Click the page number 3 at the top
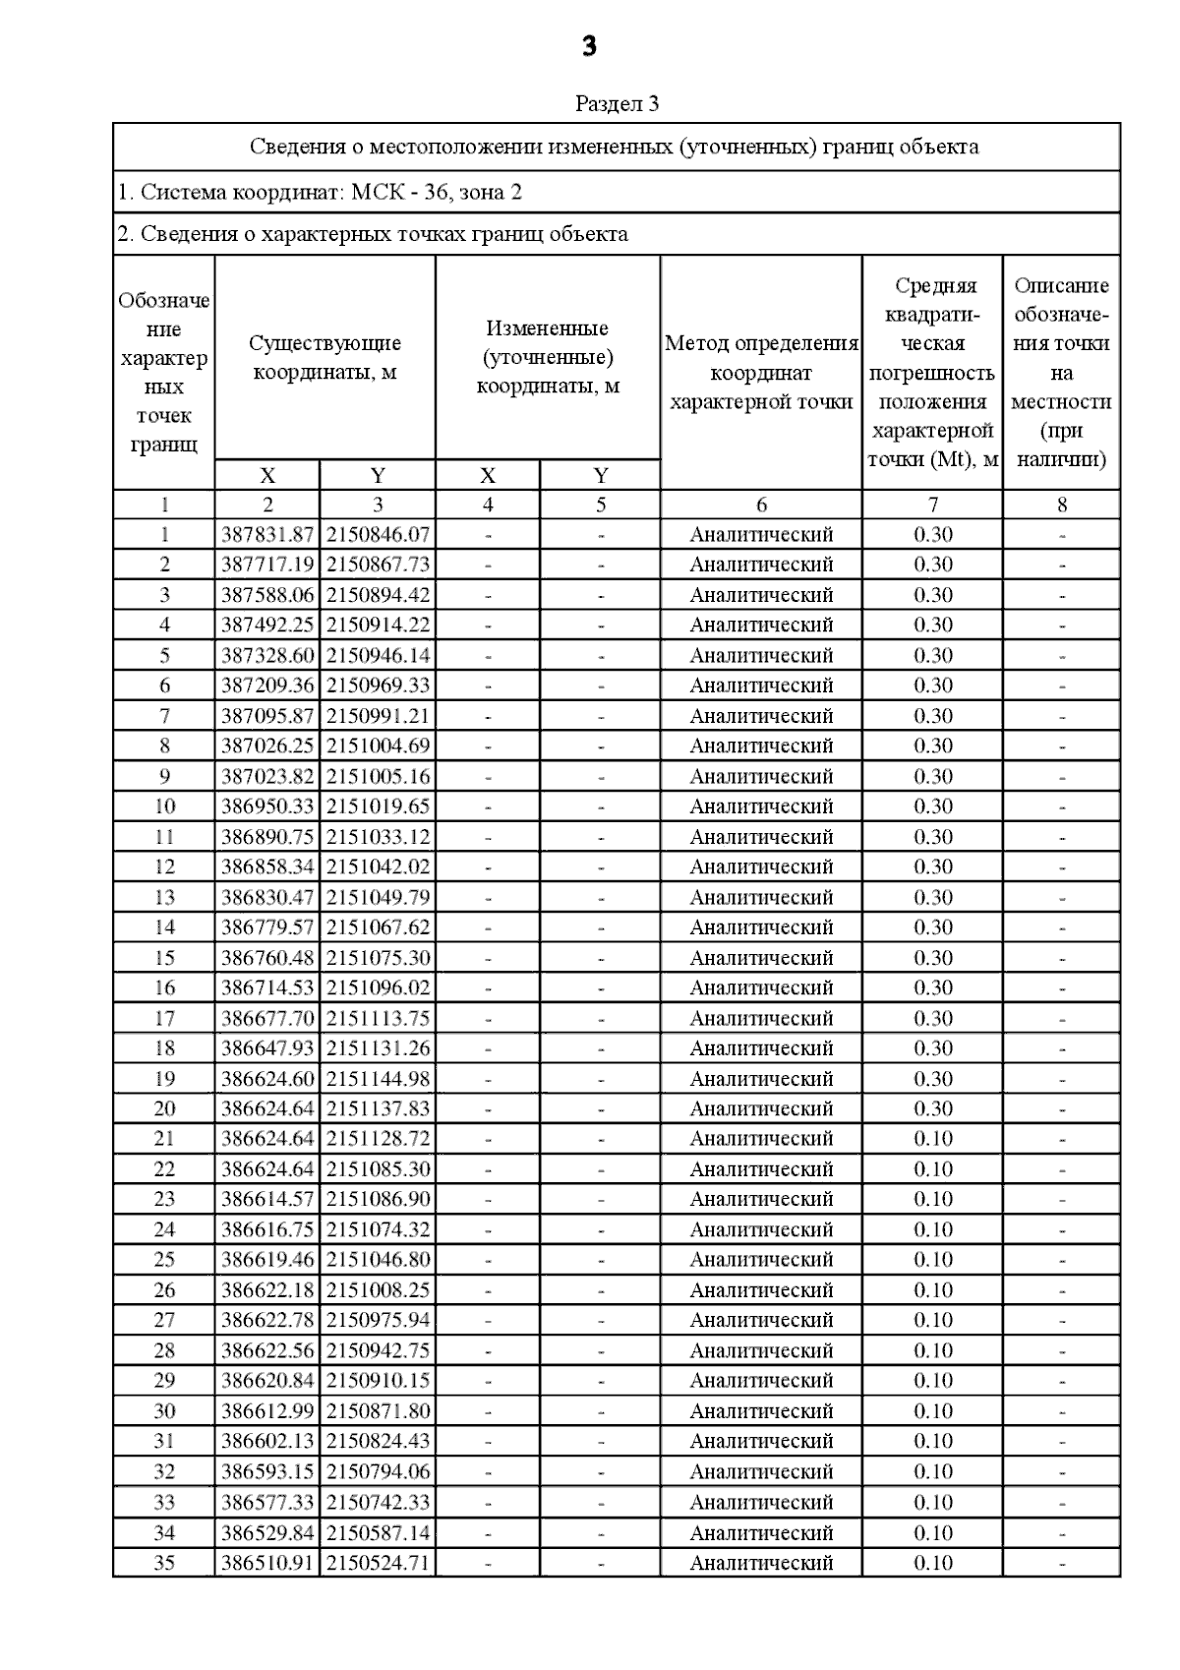589,46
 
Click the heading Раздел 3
617,104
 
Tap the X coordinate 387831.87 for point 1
267,535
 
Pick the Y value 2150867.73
378,565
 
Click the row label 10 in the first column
164,806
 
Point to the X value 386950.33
267,806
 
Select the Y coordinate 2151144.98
378,1079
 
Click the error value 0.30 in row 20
932,1108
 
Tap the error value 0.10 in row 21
932,1139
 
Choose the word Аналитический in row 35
761,1563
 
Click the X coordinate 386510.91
267,1563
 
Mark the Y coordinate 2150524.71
378,1563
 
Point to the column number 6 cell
761,506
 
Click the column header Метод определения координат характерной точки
761,373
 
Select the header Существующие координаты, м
324,358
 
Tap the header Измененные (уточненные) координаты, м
548,357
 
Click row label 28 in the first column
164,1350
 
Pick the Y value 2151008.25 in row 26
378,1290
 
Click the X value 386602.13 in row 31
267,1441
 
